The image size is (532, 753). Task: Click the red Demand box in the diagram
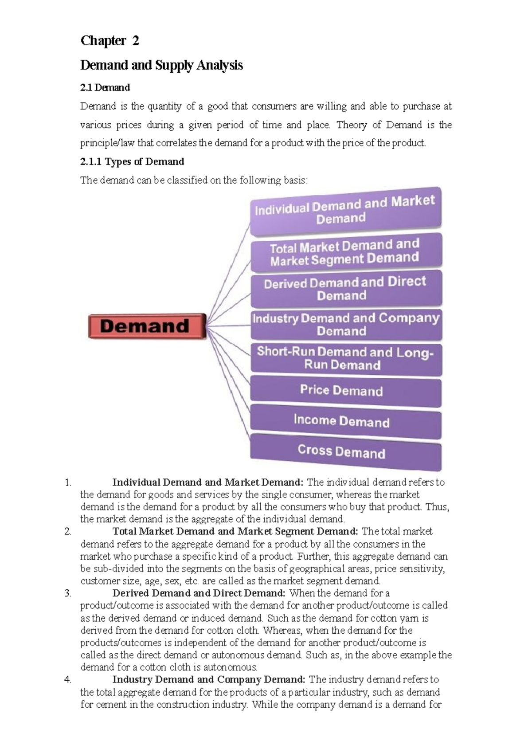click(x=147, y=326)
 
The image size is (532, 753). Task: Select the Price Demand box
click(x=345, y=391)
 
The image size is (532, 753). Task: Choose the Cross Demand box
click(x=345, y=452)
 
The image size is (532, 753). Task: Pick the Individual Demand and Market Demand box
click(x=345, y=211)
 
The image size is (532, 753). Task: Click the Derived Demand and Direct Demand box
click(x=345, y=289)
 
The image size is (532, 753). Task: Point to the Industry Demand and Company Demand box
click(x=345, y=325)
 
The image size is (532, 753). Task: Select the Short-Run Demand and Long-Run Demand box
click(x=345, y=358)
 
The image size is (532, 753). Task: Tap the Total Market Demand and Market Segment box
click(x=345, y=251)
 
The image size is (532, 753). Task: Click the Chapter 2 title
click(x=110, y=41)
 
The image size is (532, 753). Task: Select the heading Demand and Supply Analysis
click(x=161, y=65)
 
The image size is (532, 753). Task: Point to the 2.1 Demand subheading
click(x=105, y=87)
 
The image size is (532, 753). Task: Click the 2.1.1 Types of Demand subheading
click(x=132, y=161)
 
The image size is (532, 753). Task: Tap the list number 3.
click(x=67, y=593)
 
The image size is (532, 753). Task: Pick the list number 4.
click(x=67, y=679)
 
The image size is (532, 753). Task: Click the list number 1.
click(x=67, y=482)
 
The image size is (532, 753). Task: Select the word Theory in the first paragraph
click(x=352, y=125)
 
